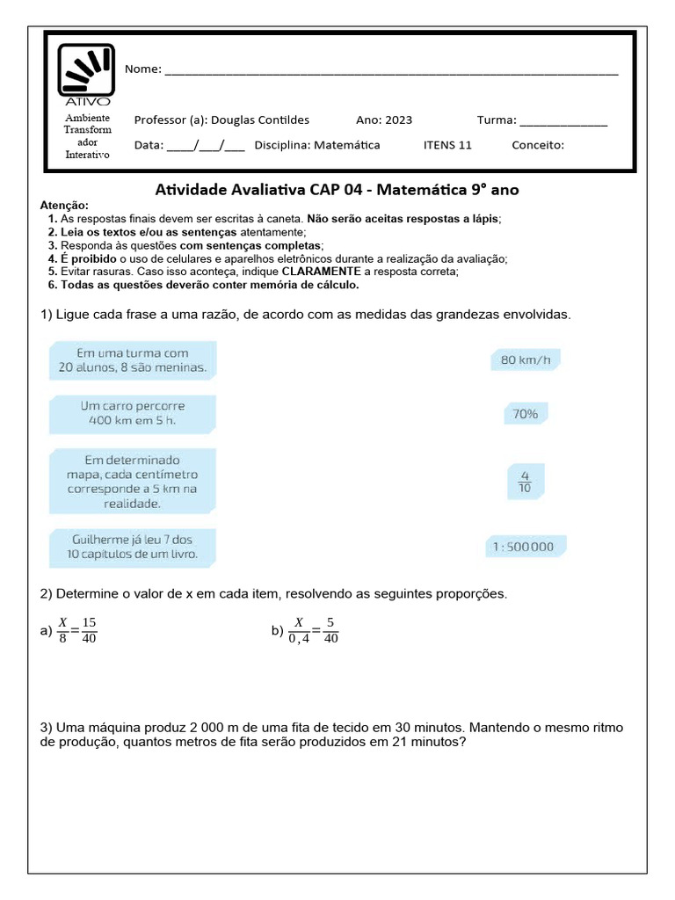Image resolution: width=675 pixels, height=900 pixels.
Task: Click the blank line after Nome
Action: click(x=391, y=71)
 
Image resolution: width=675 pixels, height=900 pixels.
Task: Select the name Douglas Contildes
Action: click(x=260, y=120)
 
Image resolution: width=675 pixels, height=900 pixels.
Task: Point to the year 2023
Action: click(x=397, y=120)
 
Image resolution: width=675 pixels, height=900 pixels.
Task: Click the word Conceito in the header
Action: click(x=537, y=145)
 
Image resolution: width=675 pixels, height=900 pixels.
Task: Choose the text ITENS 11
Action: click(x=447, y=145)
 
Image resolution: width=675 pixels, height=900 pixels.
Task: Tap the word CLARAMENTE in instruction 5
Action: click(x=328, y=272)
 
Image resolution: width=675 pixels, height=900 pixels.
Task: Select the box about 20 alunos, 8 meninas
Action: click(x=133, y=361)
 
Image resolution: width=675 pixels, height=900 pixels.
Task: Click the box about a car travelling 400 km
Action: click(x=133, y=413)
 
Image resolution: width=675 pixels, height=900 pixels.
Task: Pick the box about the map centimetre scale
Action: click(x=133, y=482)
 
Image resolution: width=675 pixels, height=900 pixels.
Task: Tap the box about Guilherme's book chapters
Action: click(x=133, y=546)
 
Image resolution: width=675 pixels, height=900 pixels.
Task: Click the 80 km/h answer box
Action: click(x=525, y=359)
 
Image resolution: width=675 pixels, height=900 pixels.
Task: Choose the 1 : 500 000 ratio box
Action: click(x=525, y=547)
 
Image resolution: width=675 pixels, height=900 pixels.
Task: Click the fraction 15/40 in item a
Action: click(x=89, y=630)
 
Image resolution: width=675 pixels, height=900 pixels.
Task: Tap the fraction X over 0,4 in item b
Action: click(x=299, y=630)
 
